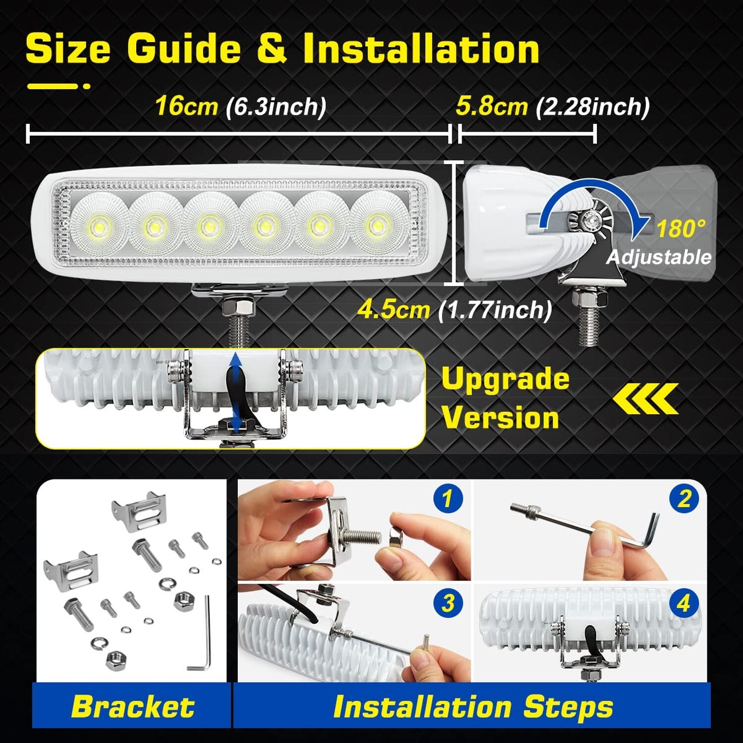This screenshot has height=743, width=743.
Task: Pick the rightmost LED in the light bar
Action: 376,225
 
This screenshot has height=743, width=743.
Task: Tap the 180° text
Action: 681,229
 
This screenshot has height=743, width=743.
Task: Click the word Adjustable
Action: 659,257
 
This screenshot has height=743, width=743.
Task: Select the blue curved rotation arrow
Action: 589,196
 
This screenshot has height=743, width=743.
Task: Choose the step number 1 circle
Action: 448,498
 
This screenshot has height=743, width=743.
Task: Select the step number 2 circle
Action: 684,498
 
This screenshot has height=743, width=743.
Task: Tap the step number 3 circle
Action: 448,603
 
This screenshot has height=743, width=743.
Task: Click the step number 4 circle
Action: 684,603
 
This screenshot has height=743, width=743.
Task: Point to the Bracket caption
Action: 133,706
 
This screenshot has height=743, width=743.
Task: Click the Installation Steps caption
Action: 473,706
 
